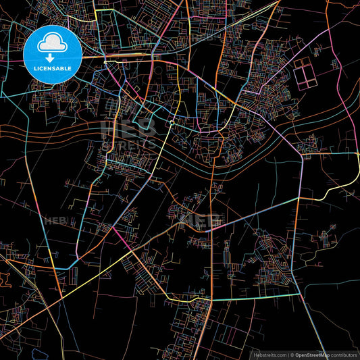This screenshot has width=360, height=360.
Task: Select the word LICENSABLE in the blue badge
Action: pyautogui.click(x=52, y=68)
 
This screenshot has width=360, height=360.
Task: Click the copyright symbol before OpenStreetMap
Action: pyautogui.click(x=292, y=354)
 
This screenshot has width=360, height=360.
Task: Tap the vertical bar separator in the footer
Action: pyautogui.click(x=288, y=354)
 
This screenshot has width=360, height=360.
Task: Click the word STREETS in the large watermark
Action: pyautogui.click(x=128, y=143)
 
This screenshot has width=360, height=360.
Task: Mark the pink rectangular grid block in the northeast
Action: pyautogui.click(x=305, y=74)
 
